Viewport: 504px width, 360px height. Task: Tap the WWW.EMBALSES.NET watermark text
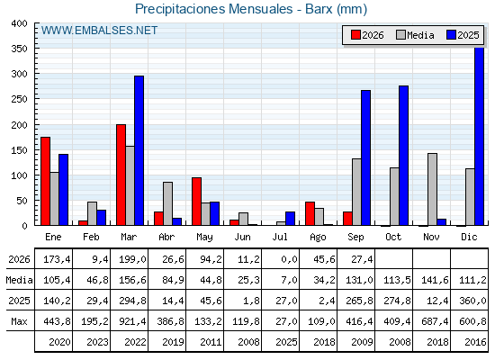99,31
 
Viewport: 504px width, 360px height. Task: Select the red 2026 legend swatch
355,35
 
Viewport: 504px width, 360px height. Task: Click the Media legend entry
415,35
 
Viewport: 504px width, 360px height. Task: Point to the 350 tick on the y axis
19,49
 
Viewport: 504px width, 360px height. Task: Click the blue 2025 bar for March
139,150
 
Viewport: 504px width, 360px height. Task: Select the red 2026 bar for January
45,181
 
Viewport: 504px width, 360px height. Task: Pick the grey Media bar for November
432,189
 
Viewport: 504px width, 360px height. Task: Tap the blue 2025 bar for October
404,156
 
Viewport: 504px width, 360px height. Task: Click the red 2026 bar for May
197,202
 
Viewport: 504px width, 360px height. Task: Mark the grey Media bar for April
167,203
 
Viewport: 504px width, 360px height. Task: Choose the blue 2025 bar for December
479,136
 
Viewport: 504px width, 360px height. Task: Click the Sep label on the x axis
355,238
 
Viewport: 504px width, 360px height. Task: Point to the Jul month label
280,237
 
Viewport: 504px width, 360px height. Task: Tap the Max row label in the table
19,321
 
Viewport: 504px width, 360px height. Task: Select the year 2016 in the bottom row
475,342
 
